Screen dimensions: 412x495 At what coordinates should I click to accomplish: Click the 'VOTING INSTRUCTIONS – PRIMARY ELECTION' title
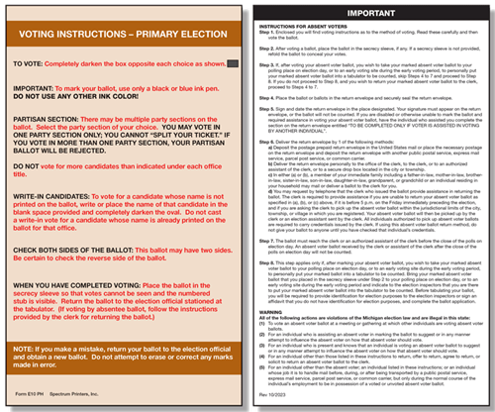[126, 33]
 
